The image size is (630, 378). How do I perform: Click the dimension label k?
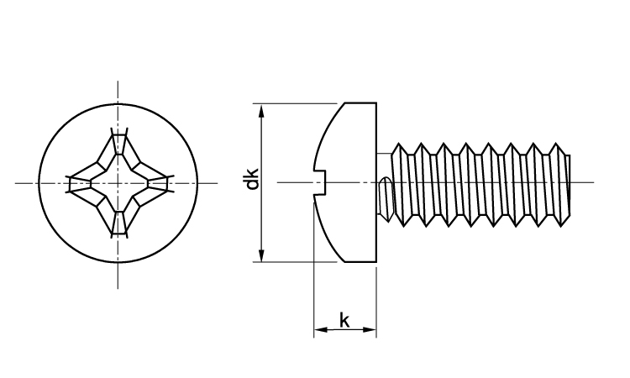click(344, 319)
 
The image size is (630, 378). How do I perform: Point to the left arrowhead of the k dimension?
click(318, 331)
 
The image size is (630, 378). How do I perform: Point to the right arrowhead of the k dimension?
click(370, 331)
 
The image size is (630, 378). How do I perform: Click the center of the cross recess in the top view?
click(118, 182)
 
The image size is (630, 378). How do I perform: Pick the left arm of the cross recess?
click(81, 182)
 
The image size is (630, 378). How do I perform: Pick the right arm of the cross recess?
click(156, 182)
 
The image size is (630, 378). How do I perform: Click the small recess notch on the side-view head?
click(319, 182)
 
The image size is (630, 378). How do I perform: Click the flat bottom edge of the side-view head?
click(360, 262)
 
